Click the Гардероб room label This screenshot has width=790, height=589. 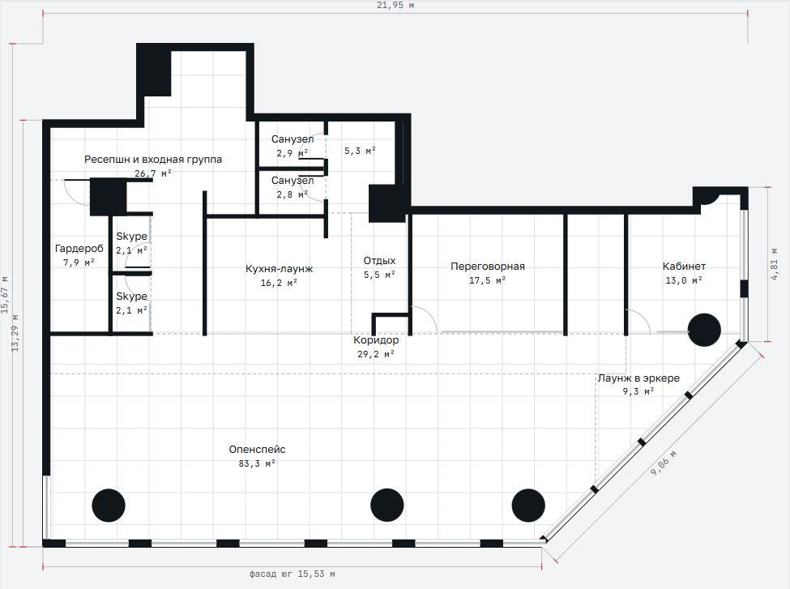(79, 249)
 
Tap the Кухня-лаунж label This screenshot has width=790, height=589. (279, 269)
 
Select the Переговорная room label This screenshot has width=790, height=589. (488, 266)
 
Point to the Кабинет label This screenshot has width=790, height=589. (684, 266)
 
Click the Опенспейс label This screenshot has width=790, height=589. (257, 450)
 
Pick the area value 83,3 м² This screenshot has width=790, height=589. (257, 463)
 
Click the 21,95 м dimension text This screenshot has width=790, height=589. (395, 6)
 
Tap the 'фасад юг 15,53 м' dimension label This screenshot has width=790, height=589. (293, 574)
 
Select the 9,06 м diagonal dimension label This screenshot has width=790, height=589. (664, 464)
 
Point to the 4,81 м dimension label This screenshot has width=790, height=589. (775, 264)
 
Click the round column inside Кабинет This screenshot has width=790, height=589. (704, 330)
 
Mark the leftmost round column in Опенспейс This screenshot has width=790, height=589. (109, 506)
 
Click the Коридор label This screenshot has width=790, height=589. (376, 340)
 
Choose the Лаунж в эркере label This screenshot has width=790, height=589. (638, 378)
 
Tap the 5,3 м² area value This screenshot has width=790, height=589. (361, 151)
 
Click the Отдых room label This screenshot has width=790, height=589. (379, 261)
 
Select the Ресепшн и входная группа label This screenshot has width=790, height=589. (153, 160)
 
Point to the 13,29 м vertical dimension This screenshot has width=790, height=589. (15, 332)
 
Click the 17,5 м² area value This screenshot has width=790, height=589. (488, 280)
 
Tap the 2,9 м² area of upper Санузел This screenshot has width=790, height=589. (293, 152)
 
